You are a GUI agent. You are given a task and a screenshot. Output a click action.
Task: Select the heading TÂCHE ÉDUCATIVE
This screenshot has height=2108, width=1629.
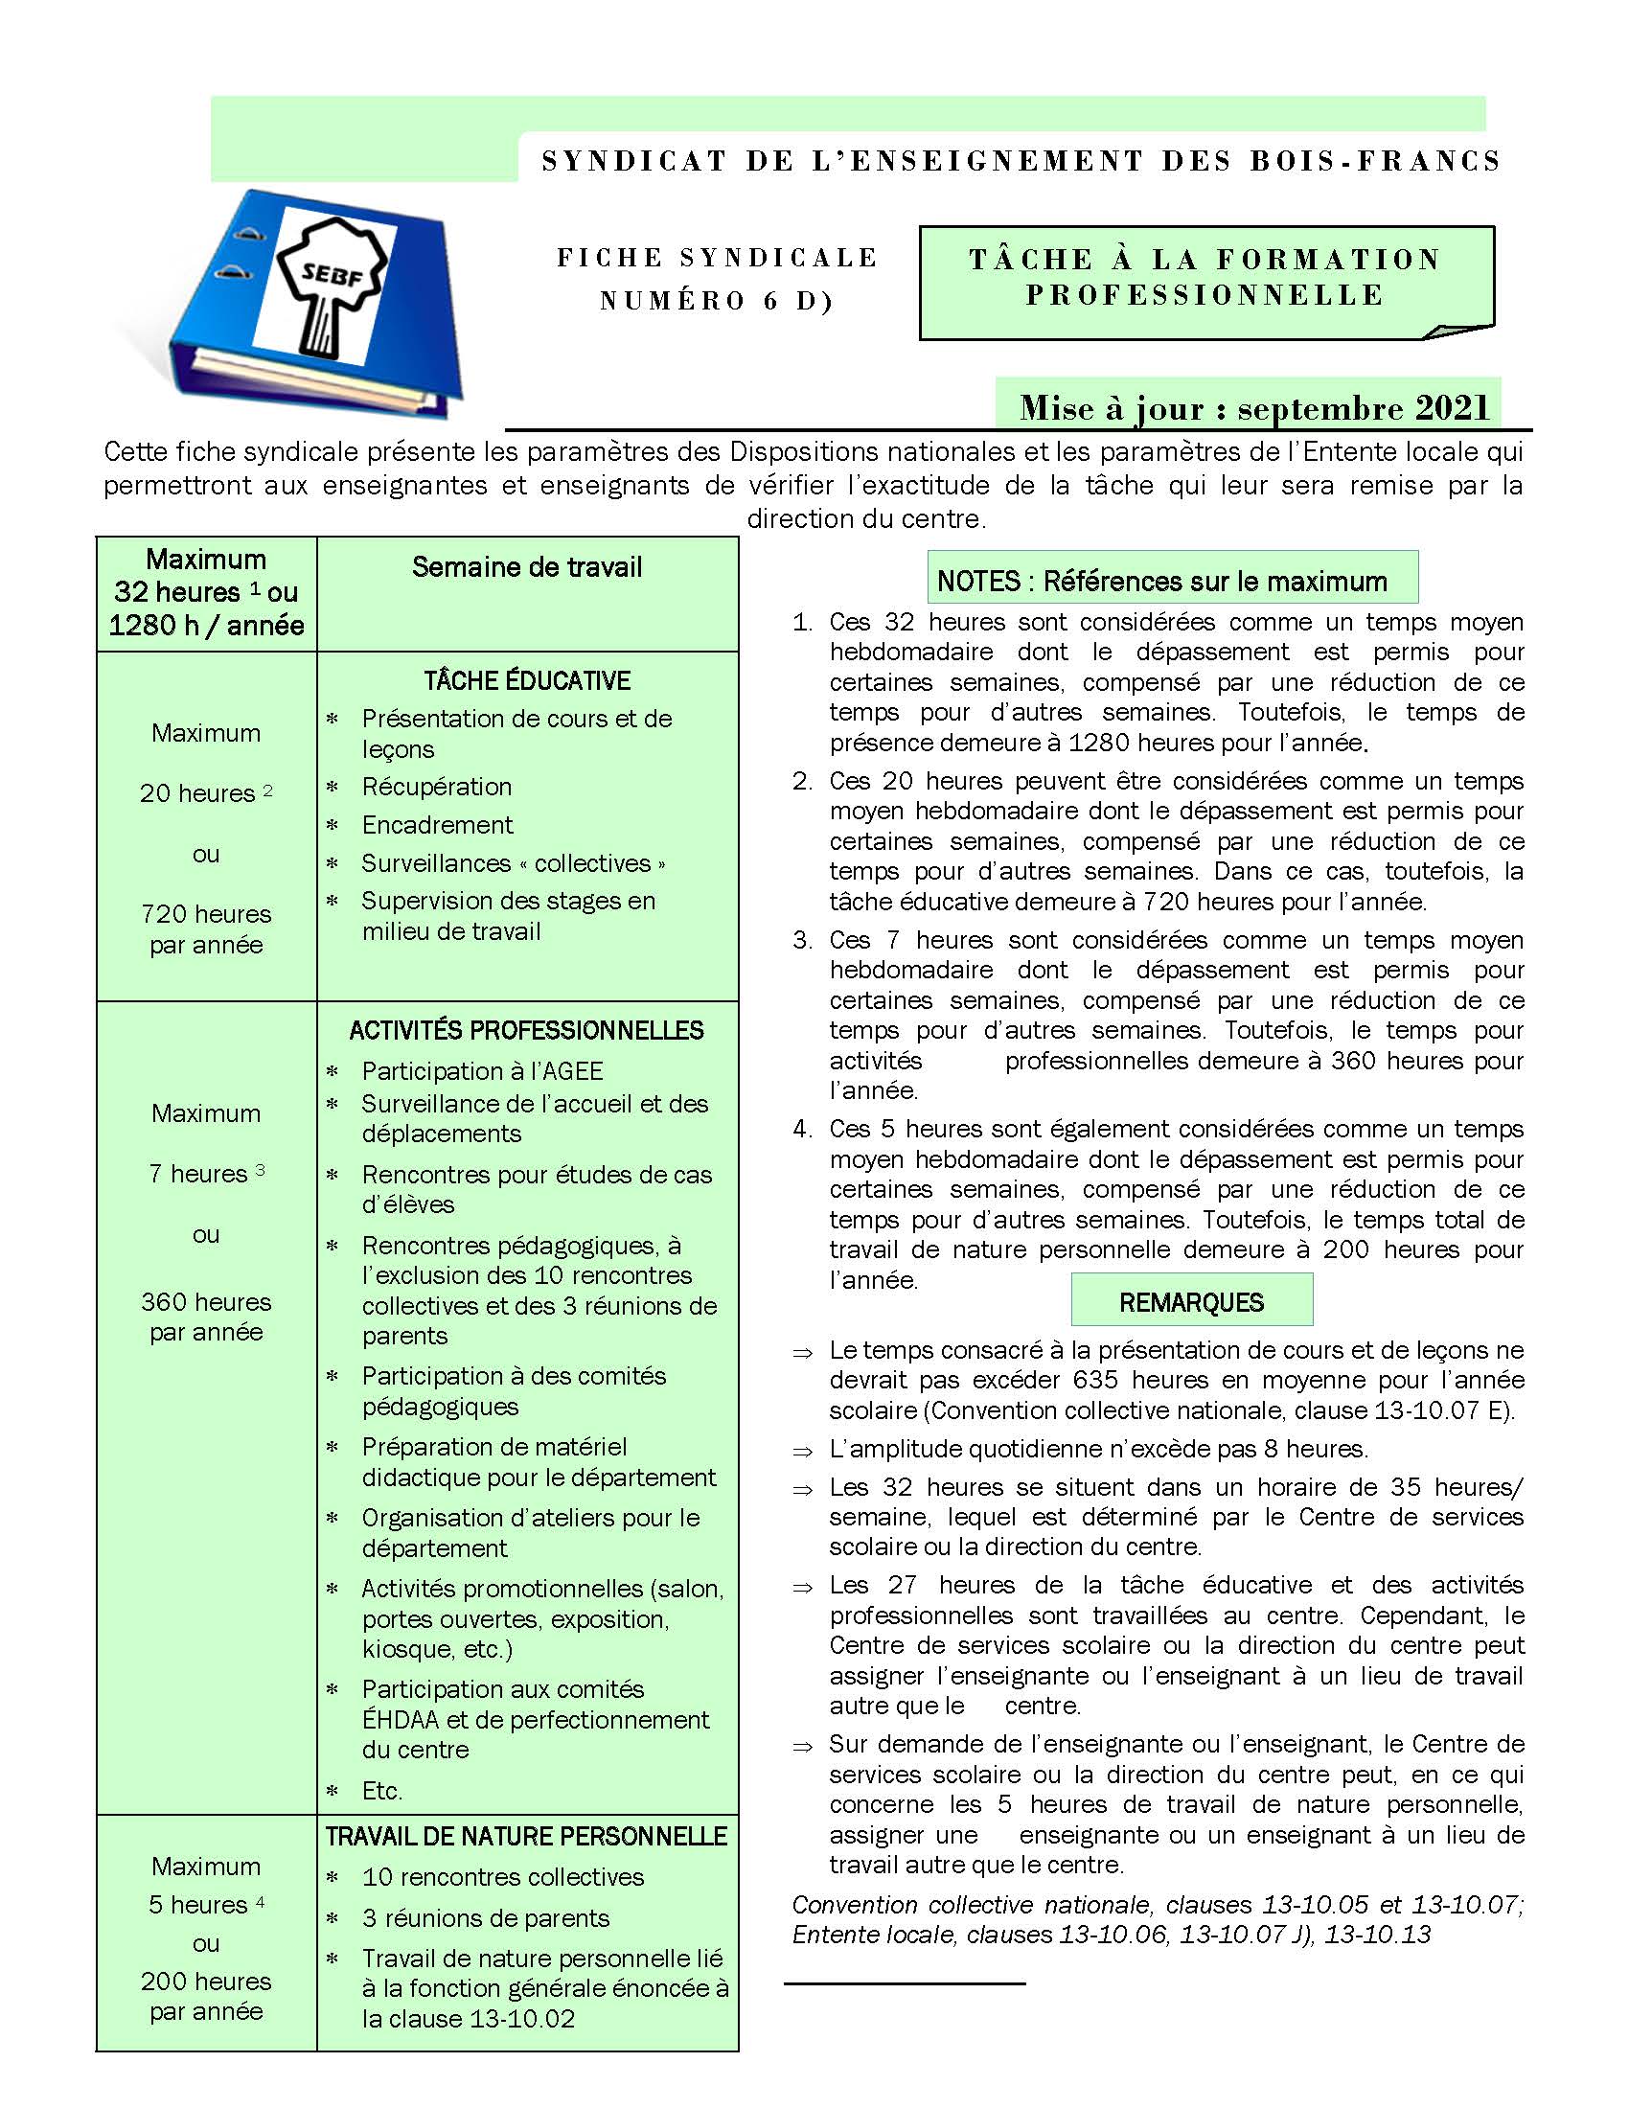click(x=527, y=681)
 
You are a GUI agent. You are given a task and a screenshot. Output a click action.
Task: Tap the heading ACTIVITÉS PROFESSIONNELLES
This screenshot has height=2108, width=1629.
click(x=527, y=1031)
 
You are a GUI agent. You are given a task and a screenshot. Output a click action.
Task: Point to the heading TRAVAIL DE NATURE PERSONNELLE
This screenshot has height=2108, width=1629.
click(x=527, y=1837)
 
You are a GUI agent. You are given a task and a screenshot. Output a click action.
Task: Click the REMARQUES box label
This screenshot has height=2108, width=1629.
click(x=1191, y=1303)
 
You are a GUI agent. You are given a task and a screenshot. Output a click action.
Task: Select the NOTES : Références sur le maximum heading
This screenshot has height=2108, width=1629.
click(x=1162, y=581)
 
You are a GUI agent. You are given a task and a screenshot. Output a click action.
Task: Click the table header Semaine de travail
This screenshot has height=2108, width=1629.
click(x=527, y=567)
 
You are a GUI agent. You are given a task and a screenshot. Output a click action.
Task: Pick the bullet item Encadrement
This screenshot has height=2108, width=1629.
click(x=437, y=825)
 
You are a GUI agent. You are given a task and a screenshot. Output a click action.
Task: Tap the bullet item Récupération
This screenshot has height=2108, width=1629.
click(x=436, y=787)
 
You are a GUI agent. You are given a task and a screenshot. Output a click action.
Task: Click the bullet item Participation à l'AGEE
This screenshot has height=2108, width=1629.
click(x=483, y=1071)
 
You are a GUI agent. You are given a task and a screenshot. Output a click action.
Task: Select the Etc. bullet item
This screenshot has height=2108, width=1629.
click(x=382, y=1792)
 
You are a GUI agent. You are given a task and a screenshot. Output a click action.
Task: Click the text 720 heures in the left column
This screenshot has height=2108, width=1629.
click(x=206, y=914)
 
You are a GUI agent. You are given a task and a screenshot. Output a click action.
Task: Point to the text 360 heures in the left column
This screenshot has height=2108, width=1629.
click(x=206, y=1302)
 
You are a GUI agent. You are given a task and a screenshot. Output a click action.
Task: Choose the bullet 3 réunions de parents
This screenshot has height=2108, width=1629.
click(x=486, y=1918)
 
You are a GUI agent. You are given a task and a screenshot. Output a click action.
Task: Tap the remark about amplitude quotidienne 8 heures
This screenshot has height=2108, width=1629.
click(x=1098, y=1449)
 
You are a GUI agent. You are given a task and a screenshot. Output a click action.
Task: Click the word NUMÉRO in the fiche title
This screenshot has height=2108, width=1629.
click(x=673, y=301)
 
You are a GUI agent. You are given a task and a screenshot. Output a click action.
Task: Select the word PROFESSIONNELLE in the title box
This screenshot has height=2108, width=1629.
click(x=1205, y=295)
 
